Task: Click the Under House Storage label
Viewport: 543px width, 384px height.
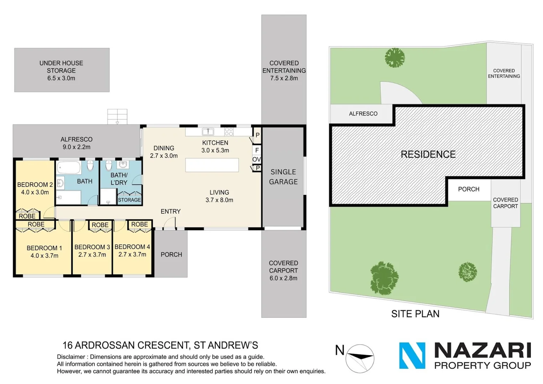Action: [x=61, y=67]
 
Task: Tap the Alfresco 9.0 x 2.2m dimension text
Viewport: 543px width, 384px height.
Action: [x=77, y=147]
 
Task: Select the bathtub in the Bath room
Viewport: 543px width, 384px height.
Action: [x=69, y=167]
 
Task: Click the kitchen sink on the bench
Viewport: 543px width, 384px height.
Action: [x=208, y=132]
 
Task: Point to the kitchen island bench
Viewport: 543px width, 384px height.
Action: [x=212, y=165]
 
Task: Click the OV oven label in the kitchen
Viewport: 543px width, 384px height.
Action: [x=256, y=159]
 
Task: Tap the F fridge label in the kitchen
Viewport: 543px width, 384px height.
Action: [x=257, y=150]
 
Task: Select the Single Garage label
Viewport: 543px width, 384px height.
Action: [x=283, y=177]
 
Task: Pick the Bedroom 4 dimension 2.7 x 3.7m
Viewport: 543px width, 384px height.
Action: [x=132, y=255]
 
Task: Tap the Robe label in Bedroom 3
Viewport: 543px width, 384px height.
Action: [x=100, y=225]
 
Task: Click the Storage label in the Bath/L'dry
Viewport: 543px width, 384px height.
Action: [x=129, y=200]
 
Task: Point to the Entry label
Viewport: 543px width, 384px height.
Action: [x=171, y=212]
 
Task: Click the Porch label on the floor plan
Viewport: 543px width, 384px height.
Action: [x=171, y=255]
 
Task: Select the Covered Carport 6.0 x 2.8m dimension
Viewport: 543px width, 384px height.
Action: [x=283, y=278]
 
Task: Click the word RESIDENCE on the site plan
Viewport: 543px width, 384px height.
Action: [x=428, y=154]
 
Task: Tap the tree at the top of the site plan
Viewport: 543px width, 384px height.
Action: [x=395, y=57]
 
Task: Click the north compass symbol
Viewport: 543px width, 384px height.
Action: [x=360, y=358]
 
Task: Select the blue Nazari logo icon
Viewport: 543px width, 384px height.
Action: [x=412, y=356]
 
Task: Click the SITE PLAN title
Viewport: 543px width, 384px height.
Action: [x=415, y=314]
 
